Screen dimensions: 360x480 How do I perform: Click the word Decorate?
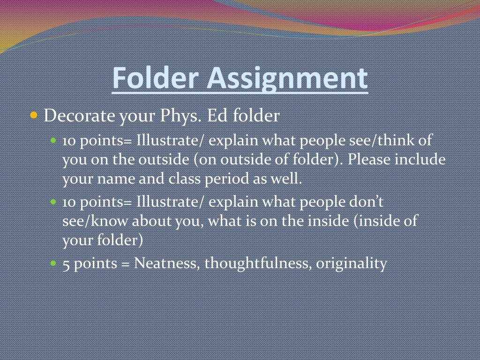coord(79,115)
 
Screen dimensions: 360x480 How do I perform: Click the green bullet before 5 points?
coord(53,263)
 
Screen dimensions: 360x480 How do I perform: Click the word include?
coord(420,159)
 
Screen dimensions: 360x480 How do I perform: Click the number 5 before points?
coord(66,263)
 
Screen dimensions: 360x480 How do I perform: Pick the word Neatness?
coord(168,263)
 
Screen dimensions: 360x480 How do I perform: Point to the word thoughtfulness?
coord(258,263)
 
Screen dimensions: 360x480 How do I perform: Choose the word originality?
coord(352,263)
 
